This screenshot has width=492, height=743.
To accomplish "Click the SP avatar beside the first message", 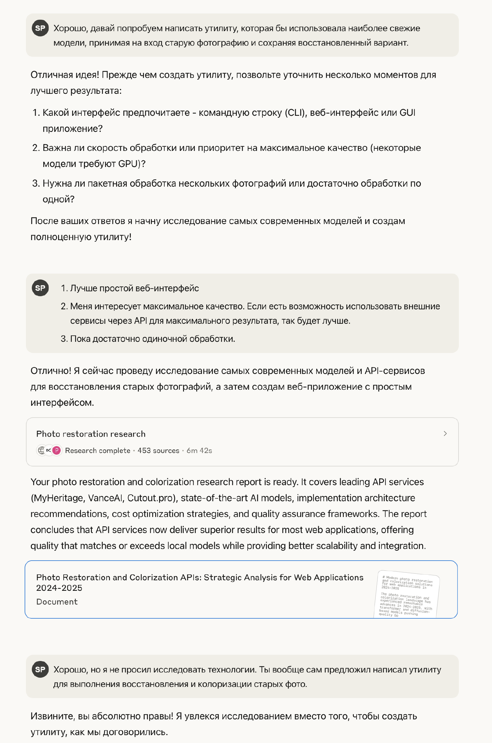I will pos(40,28).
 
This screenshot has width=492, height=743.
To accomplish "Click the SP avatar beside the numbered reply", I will pos(40,288).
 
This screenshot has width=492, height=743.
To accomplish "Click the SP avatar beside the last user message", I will pos(40,669).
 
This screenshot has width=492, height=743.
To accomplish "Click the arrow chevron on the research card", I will pos(445,433).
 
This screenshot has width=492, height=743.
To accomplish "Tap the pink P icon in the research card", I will pos(57,450).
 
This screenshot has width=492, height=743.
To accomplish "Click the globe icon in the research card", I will pos(41,450).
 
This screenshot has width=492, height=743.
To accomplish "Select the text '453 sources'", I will pos(158,450).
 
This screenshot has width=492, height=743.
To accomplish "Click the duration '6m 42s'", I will pos(199,450).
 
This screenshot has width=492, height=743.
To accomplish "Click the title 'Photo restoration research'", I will pos(91,434).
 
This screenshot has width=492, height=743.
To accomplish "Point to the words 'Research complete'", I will pos(97,450).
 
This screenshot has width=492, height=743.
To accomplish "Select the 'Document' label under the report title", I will pos(57,602).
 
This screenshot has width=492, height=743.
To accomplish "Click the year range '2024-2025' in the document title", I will pos(59,588).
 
